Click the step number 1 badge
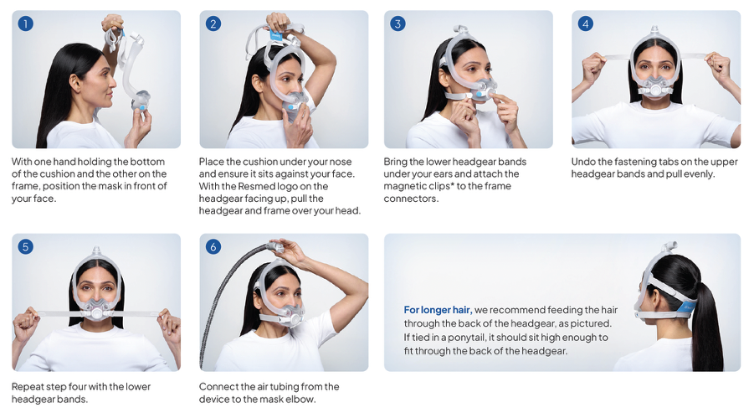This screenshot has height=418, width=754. [x=25, y=23]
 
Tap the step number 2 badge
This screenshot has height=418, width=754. [x=213, y=23]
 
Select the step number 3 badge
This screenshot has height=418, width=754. [x=398, y=23]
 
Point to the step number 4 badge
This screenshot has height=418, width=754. [x=585, y=23]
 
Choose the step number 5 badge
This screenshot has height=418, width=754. [x=25, y=246]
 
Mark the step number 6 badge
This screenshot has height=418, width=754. [x=213, y=246]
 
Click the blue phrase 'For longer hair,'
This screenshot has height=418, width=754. [x=438, y=310]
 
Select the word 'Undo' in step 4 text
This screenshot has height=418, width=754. [x=582, y=162]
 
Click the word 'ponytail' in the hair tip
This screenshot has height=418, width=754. [x=466, y=337]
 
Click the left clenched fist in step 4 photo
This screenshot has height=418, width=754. [x=593, y=66]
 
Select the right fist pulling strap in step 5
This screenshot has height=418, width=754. [x=169, y=323]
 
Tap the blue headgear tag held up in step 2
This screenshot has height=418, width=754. [x=275, y=35]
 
